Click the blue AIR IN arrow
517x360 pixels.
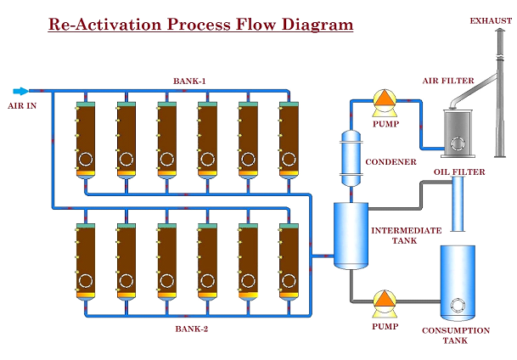click(20, 92)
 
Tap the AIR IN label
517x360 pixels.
click(22, 106)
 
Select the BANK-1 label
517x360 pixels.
click(189, 82)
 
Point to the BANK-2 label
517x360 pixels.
click(192, 329)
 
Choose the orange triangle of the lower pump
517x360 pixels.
click(385, 299)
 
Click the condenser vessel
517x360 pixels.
click(351, 158)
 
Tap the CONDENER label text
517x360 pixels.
click(391, 162)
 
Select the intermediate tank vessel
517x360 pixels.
click(351, 236)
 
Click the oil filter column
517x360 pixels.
click(458, 204)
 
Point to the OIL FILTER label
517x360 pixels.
click(459, 172)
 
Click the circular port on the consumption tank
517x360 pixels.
click(458, 305)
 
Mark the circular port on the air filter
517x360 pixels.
click(458, 143)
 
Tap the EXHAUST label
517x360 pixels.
click(491, 21)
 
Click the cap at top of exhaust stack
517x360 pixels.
click(501, 30)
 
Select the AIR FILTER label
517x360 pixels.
click(448, 81)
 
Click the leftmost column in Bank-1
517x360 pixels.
click(86, 140)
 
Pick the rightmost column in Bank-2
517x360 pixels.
click(289, 262)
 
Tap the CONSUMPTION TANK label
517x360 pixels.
click(456, 335)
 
